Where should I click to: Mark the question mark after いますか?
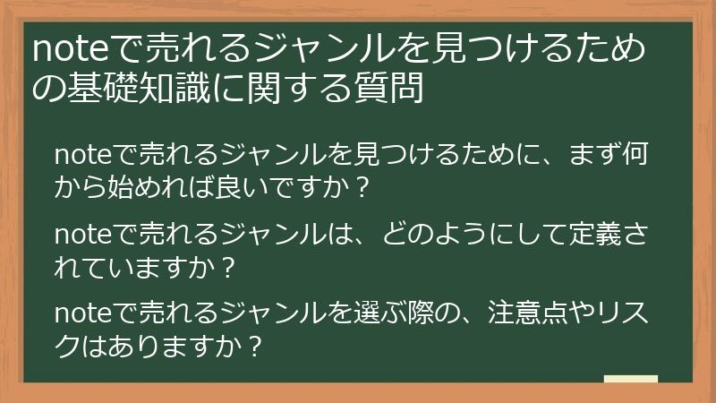tap(226, 268)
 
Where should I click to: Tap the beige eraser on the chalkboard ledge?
tap(631, 379)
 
